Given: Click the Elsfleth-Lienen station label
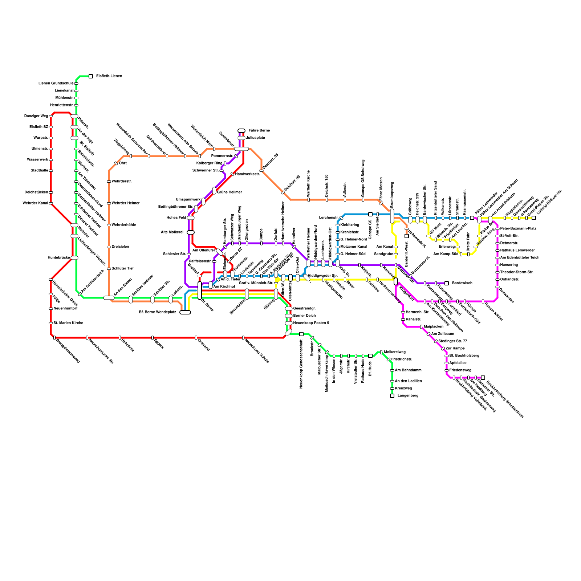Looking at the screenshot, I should (x=109, y=76).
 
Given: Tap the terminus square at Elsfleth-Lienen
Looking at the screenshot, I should (x=91, y=76).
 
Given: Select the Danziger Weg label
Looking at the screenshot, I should (x=36, y=116).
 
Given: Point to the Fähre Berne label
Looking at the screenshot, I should (x=259, y=130).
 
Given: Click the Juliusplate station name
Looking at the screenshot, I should (x=256, y=138).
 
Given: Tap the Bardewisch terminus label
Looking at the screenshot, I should (x=462, y=283).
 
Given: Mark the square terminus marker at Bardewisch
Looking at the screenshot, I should (x=447, y=283).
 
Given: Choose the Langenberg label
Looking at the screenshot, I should (x=408, y=395).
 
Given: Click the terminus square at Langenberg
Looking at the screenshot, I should (x=392, y=396).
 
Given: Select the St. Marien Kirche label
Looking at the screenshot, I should (x=68, y=323).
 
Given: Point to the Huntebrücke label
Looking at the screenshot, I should (x=58, y=257).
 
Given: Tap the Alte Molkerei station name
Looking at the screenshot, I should (x=172, y=232).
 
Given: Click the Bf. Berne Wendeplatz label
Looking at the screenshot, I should (x=158, y=312).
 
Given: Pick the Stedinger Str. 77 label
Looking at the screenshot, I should (x=452, y=341).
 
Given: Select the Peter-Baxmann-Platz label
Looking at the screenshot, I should (x=518, y=228).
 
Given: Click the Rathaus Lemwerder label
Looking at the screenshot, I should (x=517, y=250).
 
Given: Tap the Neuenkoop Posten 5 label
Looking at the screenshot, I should (x=311, y=323).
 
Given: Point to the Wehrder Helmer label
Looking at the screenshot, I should (x=125, y=203).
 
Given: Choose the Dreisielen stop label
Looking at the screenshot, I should (x=120, y=247).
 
